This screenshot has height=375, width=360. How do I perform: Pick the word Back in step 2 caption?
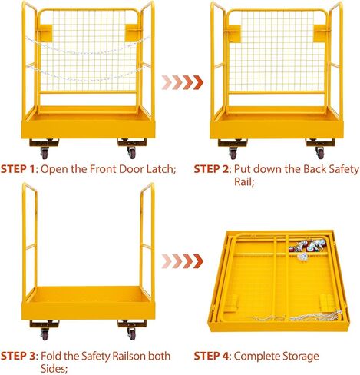(x=298, y=169)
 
